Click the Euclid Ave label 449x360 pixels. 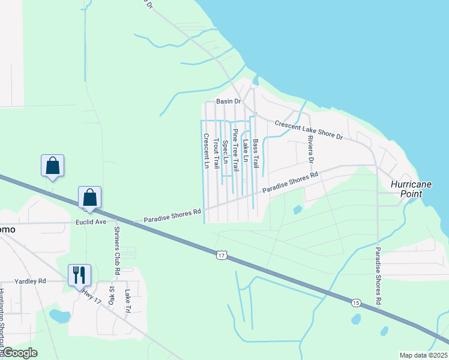(x=91, y=222)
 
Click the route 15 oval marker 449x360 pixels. (x=357, y=303)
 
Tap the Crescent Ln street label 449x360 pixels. (x=206, y=151)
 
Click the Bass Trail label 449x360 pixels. (x=255, y=154)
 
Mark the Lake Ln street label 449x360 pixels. (x=245, y=152)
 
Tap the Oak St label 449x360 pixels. (x=112, y=295)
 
